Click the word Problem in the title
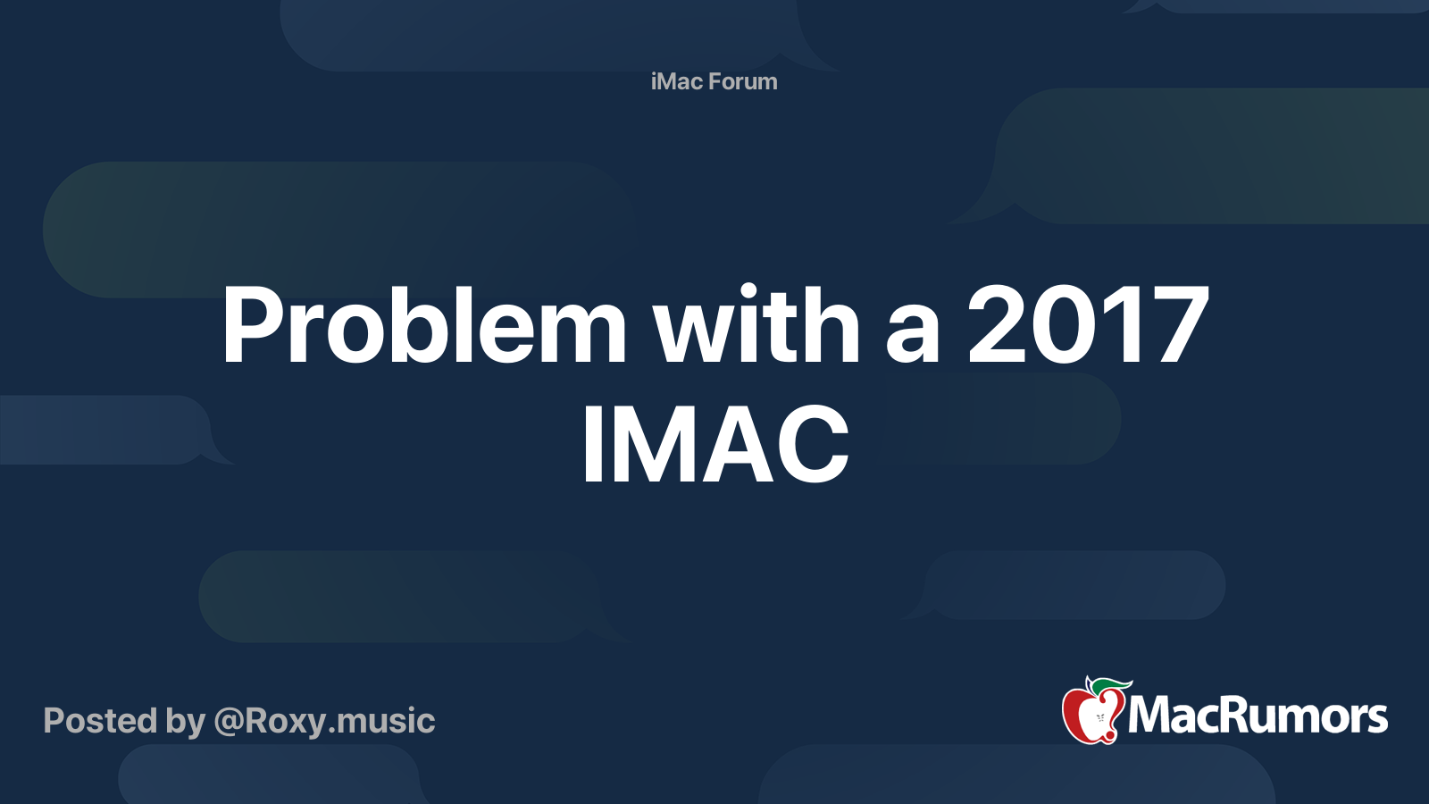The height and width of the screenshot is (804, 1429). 424,326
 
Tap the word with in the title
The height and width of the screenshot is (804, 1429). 756,326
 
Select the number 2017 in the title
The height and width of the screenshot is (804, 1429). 1088,326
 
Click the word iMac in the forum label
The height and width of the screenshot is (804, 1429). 677,81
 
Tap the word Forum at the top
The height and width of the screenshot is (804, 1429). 743,81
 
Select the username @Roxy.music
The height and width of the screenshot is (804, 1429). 324,721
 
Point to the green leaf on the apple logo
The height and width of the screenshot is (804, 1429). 1110,685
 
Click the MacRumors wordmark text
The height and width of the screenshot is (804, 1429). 1258,716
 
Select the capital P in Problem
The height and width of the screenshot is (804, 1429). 251,326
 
